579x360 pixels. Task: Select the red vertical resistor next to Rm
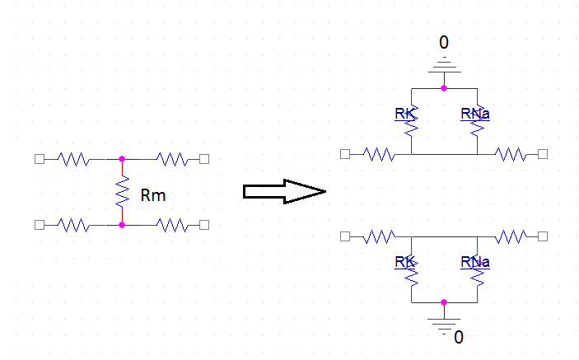point(122,192)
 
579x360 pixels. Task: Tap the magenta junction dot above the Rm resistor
point(122,158)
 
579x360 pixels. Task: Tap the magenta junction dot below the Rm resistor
point(122,224)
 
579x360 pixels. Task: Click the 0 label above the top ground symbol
point(443,43)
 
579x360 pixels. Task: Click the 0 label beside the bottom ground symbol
point(459,337)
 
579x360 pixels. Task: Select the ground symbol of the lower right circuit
point(443,322)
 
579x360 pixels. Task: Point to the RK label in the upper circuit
point(404,113)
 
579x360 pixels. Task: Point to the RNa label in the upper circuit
point(475,113)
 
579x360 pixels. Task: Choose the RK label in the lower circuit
point(404,262)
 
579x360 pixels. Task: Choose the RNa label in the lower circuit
point(475,262)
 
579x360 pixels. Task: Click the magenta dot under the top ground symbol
point(443,86)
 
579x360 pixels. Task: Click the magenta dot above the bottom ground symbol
point(443,302)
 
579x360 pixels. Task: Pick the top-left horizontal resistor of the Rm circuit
point(72,158)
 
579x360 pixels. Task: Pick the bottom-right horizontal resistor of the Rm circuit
point(171,224)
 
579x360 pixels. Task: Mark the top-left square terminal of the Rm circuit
point(39,158)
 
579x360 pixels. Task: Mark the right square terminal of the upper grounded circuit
point(543,153)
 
